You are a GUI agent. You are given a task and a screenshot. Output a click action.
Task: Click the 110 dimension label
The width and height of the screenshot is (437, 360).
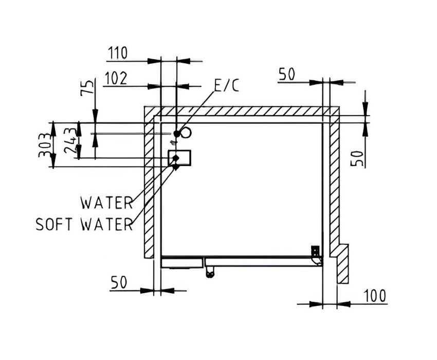tap(118, 53)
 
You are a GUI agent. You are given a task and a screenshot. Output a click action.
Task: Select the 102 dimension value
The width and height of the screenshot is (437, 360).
tap(115, 78)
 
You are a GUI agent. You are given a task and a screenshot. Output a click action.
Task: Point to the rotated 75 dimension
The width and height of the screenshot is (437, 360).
tap(87, 88)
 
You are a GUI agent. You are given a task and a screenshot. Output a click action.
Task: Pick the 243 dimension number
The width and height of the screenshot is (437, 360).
tap(70, 141)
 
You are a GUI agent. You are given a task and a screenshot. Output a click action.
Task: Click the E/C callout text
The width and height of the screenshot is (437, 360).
tap(227, 85)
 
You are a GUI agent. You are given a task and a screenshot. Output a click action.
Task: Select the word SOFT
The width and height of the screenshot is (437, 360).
tap(54, 224)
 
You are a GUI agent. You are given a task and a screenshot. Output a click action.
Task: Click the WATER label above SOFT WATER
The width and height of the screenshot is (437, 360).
tap(106, 203)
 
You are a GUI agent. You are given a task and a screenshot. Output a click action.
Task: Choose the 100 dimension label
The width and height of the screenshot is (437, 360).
tap(375, 296)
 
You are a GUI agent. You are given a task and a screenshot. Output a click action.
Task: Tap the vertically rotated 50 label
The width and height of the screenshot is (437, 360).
tap(357, 158)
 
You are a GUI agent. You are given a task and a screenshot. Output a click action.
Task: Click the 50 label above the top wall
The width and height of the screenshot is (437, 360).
tap(286, 74)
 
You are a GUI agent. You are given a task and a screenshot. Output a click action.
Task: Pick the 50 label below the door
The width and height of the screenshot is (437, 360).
tap(119, 282)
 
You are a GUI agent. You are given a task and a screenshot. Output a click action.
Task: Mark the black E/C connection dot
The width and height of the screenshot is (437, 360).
tap(177, 134)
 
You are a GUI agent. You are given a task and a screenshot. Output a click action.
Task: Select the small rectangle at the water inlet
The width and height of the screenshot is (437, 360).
tap(179, 158)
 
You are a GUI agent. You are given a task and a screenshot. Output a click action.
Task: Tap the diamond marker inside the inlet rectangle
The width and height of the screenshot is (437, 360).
tap(176, 158)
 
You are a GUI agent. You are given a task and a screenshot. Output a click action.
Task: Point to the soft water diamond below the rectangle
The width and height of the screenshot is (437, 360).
tap(176, 167)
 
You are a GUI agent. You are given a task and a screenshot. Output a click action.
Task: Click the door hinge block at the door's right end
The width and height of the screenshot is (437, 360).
tap(316, 251)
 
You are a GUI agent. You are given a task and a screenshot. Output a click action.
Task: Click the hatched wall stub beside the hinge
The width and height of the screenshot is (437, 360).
tap(343, 264)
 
